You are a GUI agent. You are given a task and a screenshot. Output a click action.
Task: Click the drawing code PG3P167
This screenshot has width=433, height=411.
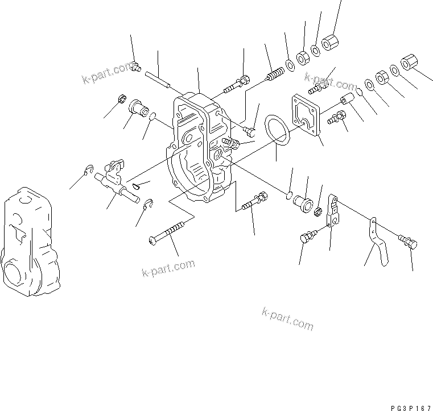(x=411, y=408)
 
